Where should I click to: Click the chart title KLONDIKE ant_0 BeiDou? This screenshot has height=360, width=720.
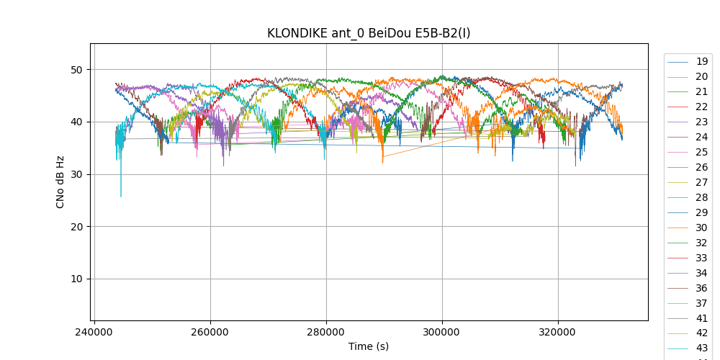click(369, 33)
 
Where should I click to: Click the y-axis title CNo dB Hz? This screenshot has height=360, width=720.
click(60, 182)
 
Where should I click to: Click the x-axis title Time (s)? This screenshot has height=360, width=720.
click(369, 346)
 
